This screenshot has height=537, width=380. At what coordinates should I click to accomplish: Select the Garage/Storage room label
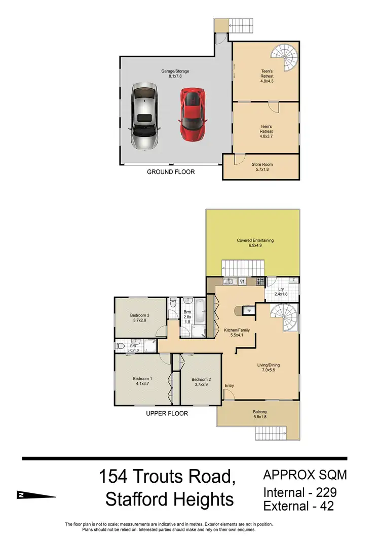pyautogui.click(x=172, y=75)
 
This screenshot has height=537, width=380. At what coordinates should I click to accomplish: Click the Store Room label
pyautogui.click(x=263, y=167)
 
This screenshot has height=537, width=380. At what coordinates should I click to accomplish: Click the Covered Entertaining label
pyautogui.click(x=252, y=243)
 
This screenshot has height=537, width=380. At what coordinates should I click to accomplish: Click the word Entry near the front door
pyautogui.click(x=229, y=386)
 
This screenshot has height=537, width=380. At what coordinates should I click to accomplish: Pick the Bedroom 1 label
pyautogui.click(x=142, y=381)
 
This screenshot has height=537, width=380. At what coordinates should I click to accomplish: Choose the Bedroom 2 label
pyautogui.click(x=201, y=382)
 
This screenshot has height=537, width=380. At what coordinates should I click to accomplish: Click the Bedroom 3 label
pyautogui.click(x=139, y=318)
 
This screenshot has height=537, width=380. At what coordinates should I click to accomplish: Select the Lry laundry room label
pyautogui.click(x=280, y=292)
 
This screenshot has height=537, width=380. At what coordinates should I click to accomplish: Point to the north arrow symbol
pyautogui.click(x=35, y=495)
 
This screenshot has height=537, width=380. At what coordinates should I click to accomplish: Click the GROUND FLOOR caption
pyautogui.click(x=171, y=172)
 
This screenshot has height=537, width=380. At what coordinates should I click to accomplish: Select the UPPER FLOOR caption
pyautogui.click(x=167, y=413)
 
